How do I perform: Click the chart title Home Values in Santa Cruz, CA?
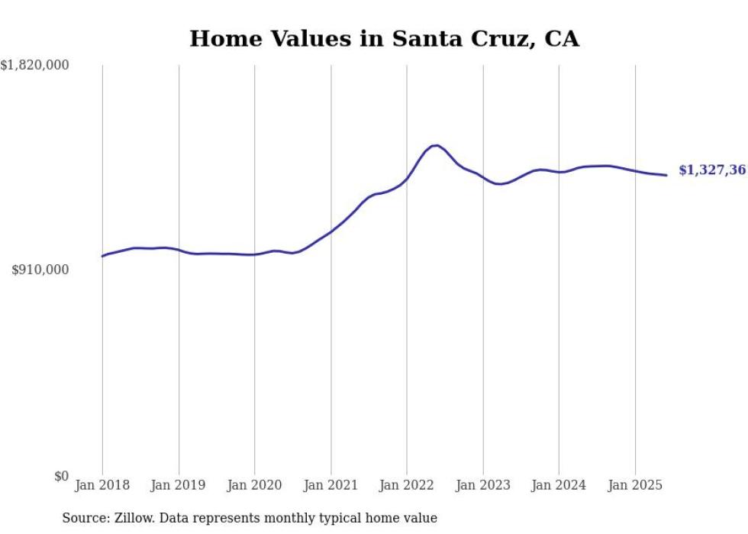(x=384, y=39)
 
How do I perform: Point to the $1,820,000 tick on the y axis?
(x=35, y=66)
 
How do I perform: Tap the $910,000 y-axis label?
(x=40, y=270)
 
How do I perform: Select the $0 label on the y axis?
(x=62, y=476)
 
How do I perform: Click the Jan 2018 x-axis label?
(x=102, y=485)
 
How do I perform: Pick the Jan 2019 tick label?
(x=179, y=485)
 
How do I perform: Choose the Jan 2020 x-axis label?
(x=254, y=485)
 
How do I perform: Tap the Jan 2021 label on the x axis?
(x=330, y=485)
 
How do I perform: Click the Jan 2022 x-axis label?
(x=407, y=485)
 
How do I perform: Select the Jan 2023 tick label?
(x=482, y=485)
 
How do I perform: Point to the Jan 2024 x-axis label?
(x=559, y=485)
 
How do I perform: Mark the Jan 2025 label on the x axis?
(x=635, y=485)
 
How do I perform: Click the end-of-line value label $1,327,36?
(x=712, y=170)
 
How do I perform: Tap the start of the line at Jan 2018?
(x=103, y=256)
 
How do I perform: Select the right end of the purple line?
(x=666, y=175)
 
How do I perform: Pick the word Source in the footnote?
(x=85, y=519)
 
